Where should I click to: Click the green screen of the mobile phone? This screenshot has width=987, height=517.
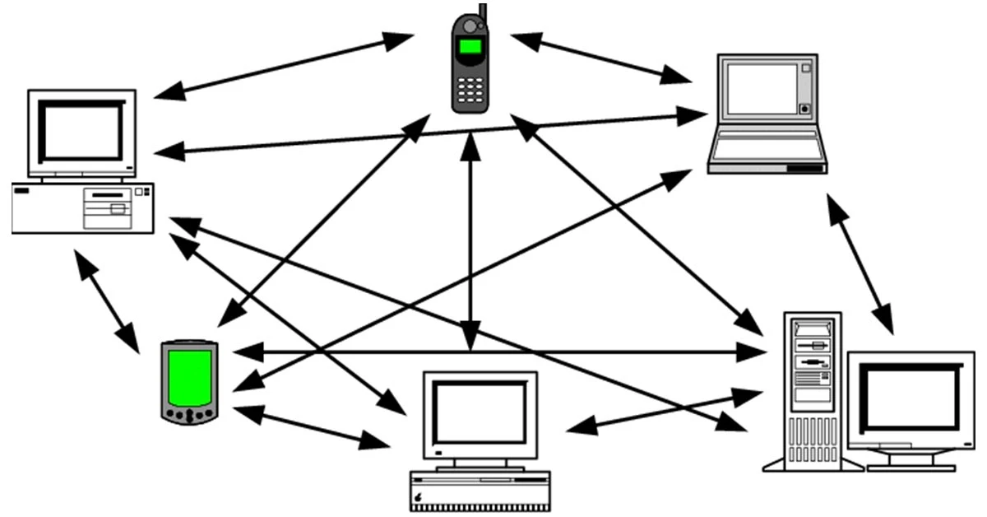point(470,46)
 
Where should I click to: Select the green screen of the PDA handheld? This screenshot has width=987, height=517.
point(189,377)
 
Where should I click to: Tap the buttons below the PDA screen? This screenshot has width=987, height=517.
point(189,413)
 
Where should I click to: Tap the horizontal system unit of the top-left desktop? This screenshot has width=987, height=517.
point(83,207)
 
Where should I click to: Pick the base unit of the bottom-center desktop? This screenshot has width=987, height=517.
point(480,489)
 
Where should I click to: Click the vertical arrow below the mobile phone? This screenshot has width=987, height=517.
point(470,239)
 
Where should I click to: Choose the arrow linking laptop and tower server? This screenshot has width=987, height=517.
point(860,263)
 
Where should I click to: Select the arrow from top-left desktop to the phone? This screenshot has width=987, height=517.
point(284,66)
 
